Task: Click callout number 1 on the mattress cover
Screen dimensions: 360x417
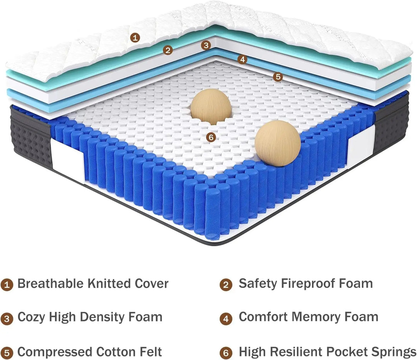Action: [x=134, y=37]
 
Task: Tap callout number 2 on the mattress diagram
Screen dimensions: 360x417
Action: [x=167, y=50]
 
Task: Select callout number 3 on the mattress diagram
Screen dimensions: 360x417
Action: [x=206, y=45]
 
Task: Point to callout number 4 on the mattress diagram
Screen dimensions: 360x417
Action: [x=242, y=59]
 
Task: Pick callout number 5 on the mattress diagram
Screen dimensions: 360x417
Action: [x=277, y=77]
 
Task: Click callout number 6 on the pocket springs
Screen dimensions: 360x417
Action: [x=210, y=137]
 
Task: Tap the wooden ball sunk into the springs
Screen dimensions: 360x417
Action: [x=211, y=106]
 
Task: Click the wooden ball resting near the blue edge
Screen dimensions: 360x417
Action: [x=277, y=143]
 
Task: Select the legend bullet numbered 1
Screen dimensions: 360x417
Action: [x=7, y=285]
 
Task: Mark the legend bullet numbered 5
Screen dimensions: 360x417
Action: [x=7, y=353]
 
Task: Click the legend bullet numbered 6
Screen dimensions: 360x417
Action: [x=226, y=353]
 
